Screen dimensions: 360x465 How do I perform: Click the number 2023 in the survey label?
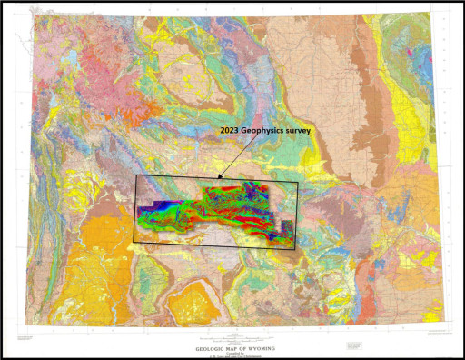[x=231, y=133]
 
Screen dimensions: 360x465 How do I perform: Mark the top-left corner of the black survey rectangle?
[x=136, y=175]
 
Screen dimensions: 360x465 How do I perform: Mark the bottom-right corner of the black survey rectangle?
[x=298, y=243]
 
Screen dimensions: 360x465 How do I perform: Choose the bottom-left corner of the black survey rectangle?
[x=136, y=243]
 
